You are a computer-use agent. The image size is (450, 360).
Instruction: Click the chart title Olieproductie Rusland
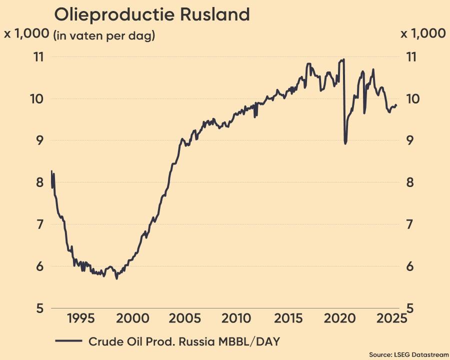(151, 14)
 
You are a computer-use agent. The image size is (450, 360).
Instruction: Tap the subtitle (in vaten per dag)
(104, 36)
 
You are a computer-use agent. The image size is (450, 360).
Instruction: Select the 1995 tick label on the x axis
(81, 318)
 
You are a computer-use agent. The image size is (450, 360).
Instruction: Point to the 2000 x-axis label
(133, 318)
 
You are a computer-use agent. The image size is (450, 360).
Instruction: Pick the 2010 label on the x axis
(237, 318)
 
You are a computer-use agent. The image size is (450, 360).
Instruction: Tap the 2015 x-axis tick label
(289, 318)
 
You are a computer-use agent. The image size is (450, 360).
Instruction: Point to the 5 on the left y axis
(39, 308)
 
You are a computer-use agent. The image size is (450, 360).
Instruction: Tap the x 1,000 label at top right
(423, 33)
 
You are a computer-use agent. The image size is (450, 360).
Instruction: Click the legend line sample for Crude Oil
(68, 341)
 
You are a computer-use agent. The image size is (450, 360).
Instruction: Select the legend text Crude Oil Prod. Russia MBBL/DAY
(184, 341)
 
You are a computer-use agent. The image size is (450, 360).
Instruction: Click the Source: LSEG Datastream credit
(409, 354)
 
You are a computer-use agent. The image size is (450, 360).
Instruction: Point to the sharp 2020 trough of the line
(345, 143)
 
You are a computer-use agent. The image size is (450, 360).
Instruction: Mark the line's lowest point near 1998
(117, 278)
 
